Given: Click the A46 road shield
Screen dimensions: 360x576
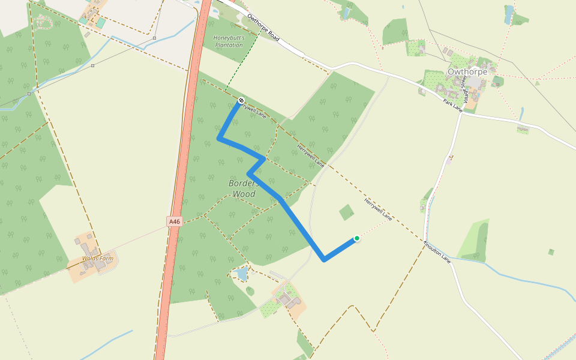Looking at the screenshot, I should pos(174,221).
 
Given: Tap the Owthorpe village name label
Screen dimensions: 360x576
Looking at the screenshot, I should pos(467,71).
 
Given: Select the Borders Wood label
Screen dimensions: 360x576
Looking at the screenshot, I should pos(244,188).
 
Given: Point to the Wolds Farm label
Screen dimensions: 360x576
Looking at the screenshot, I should pos(98,259).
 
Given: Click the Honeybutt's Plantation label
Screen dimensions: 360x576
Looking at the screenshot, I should pos(229,41).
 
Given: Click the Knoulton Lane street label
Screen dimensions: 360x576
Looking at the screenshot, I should pos(437,251).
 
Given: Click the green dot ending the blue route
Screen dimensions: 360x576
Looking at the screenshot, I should pos(356,238).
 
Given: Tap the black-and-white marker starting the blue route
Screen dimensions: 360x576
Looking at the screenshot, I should pos(241,100).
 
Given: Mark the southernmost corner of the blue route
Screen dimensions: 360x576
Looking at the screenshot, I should pos(324,260).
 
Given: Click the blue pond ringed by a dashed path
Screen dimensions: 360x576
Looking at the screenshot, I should pos(242,274).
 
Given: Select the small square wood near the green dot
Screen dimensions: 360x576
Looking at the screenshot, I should pos(346,212).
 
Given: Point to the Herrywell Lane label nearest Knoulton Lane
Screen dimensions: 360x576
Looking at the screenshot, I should pos(377,209).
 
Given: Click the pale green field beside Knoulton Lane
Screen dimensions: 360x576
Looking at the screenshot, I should pos(474,240).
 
